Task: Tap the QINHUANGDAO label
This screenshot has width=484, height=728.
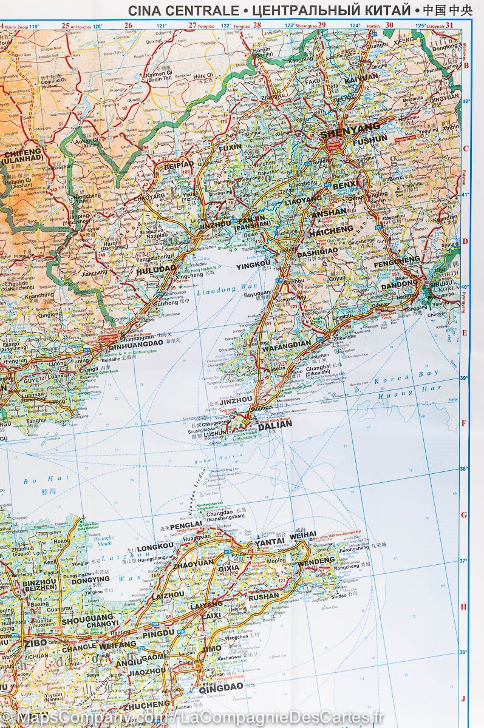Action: tap(128, 343)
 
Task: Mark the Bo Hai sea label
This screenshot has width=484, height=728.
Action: tap(35, 481)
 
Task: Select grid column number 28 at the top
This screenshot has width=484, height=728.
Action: tap(257, 25)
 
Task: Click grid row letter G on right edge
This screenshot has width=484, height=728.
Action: tap(465, 515)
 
